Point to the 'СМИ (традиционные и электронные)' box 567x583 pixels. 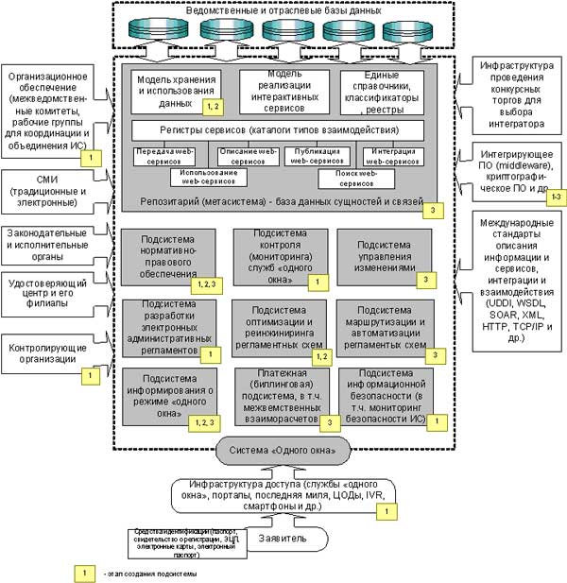pos(48,188)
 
